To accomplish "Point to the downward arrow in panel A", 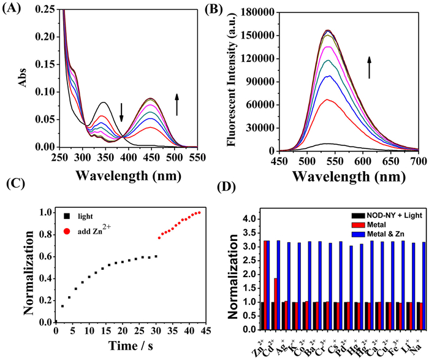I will point(121,112).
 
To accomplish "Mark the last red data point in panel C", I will point(199,213).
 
